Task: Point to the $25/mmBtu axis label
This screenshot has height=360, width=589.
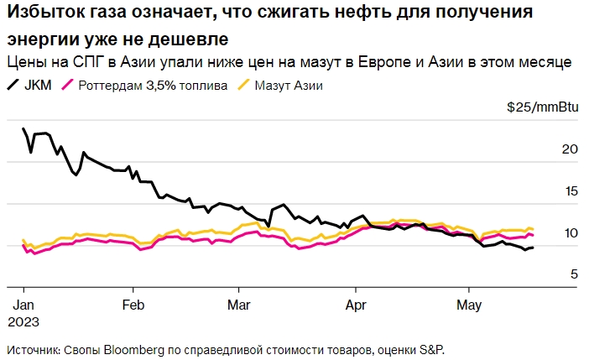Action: pyautogui.click(x=540, y=107)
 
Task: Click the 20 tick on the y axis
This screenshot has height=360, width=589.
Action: pyautogui.click(x=569, y=149)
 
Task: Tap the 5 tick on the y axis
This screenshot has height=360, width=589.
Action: pyautogui.click(x=573, y=274)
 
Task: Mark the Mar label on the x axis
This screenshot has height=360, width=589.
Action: pyautogui.click(x=240, y=304)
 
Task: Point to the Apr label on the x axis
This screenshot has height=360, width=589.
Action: pyautogui.click(x=358, y=304)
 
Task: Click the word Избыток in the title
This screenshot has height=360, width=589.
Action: pyautogui.click(x=43, y=15)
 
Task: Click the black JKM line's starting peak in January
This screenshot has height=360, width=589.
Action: pyautogui.click(x=23, y=129)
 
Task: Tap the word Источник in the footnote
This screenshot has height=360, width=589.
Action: pyautogui.click(x=33, y=348)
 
